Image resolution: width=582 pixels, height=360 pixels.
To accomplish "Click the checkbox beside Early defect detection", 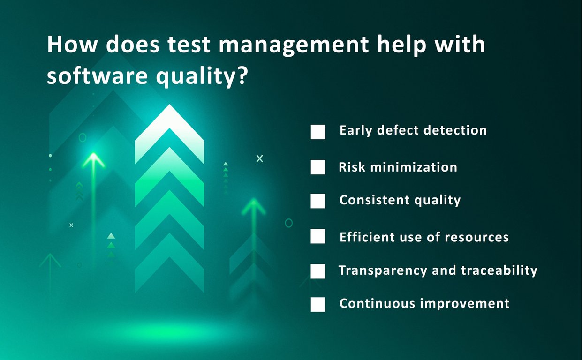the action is [318, 132].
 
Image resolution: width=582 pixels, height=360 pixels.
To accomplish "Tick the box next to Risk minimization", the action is [318, 167].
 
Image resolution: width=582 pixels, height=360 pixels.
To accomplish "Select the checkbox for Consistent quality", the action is [318, 201].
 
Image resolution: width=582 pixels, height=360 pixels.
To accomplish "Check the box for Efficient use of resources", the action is [318, 236].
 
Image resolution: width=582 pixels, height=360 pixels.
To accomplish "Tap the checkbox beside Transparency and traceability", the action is [318, 271].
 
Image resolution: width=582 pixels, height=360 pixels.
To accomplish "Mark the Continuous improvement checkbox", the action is [318, 304].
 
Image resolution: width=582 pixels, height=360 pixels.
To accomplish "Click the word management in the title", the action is [294, 46].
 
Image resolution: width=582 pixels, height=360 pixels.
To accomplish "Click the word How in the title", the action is [72, 44].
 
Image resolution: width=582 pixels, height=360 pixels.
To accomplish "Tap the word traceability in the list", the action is [499, 270].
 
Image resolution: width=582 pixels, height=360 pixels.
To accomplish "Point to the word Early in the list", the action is [356, 130].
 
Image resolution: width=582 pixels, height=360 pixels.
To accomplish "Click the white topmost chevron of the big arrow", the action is [169, 134].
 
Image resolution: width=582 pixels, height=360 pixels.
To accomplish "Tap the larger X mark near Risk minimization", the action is [259, 158].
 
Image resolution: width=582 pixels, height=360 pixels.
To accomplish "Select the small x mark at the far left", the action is [71, 225].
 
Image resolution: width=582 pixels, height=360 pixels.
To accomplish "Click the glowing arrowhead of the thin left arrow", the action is [93, 160].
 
